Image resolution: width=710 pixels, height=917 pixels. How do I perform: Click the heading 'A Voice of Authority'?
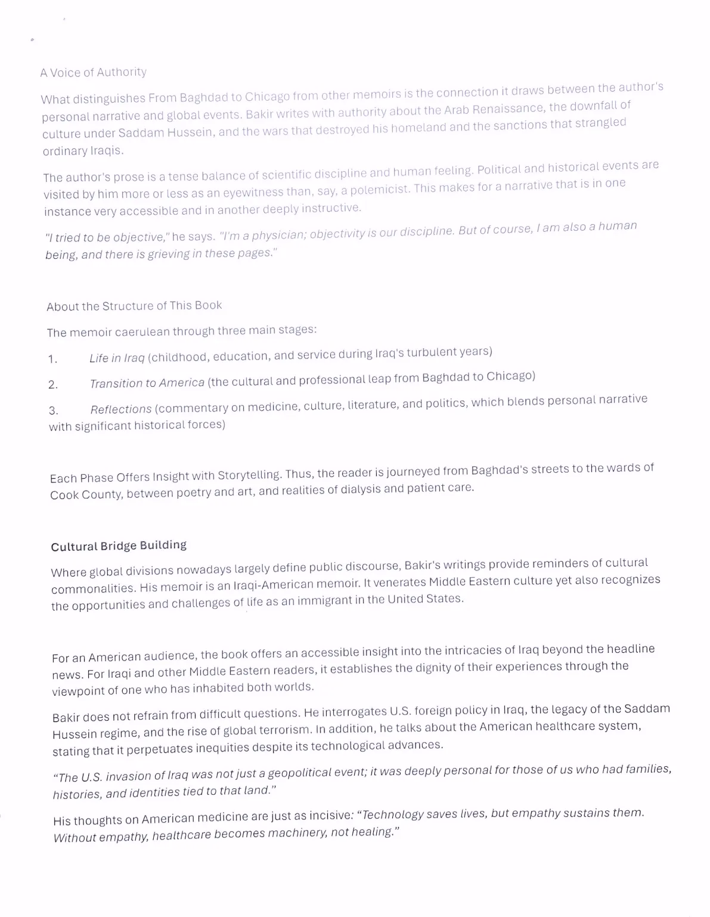(x=94, y=72)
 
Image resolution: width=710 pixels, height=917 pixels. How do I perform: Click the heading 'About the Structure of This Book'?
(x=134, y=306)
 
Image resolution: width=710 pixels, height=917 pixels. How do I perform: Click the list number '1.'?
(x=53, y=359)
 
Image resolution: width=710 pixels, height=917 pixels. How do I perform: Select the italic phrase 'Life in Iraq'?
(x=117, y=358)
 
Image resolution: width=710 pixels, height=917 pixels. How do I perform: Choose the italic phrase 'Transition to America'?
(x=147, y=383)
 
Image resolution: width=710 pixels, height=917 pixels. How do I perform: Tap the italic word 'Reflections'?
(x=121, y=409)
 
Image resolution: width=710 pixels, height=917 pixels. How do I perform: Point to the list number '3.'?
(x=54, y=410)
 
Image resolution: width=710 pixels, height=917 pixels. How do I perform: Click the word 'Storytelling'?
(x=249, y=475)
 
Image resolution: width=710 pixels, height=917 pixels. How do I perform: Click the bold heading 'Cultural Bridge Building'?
(x=119, y=546)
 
